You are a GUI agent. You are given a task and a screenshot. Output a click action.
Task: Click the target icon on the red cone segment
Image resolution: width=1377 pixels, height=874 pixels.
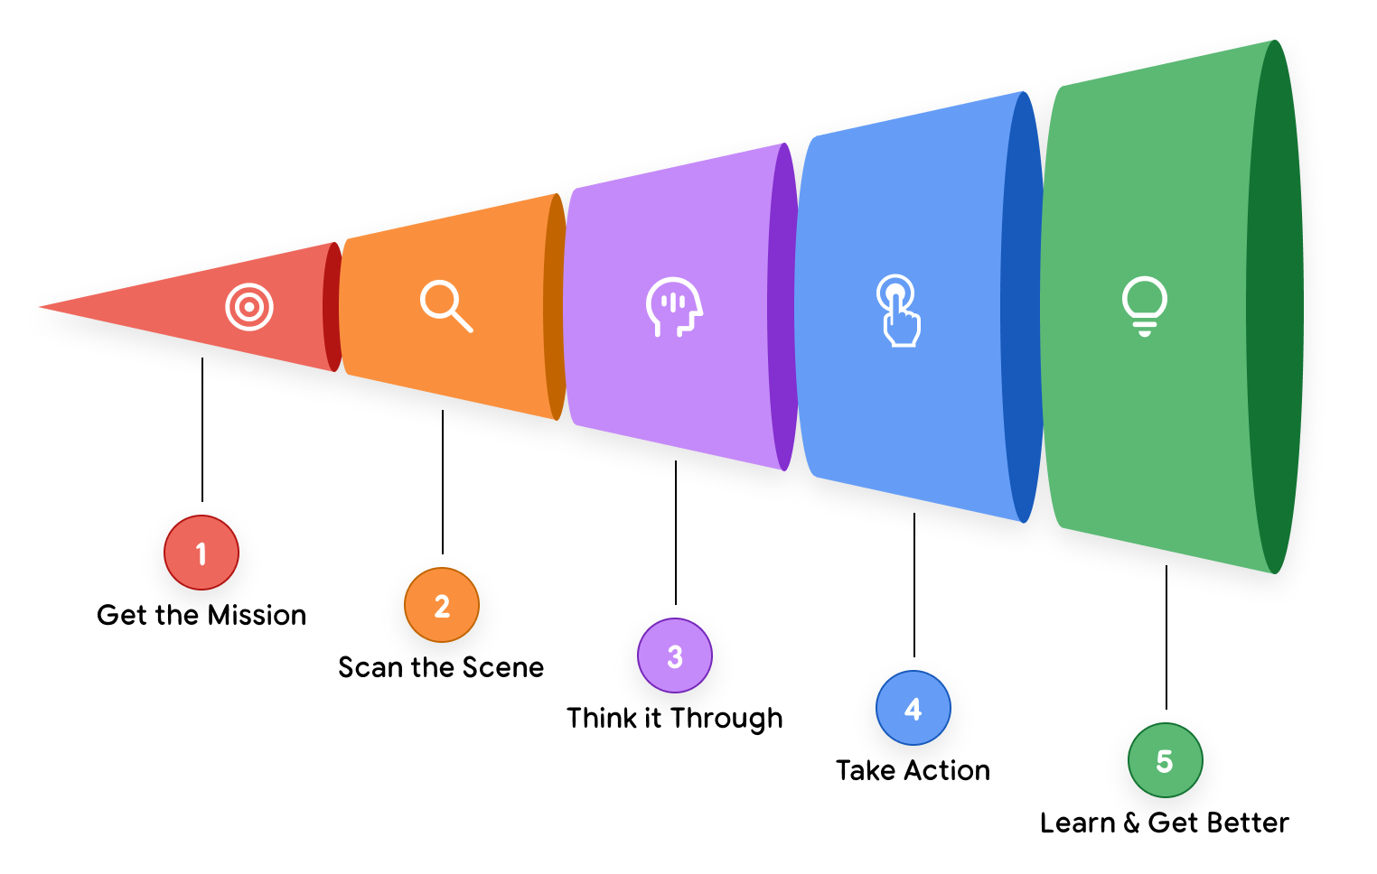pos(249,307)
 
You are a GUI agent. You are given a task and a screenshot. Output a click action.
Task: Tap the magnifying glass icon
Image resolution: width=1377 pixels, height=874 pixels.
pos(445,306)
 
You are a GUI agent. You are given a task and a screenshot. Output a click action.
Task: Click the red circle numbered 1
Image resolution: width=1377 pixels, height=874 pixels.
pos(201,553)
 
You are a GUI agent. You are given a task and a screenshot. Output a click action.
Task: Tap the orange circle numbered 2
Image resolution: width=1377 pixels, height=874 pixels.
pos(442,605)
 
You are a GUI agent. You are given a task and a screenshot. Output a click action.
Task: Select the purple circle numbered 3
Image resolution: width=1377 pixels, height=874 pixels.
pos(675,655)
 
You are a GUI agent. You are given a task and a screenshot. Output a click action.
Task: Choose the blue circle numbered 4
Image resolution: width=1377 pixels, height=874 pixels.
pos(913,708)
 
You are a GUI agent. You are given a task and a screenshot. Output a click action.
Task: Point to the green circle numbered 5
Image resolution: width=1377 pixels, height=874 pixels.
pos(1166,760)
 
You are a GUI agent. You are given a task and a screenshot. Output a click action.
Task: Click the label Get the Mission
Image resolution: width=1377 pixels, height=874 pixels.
pos(201,616)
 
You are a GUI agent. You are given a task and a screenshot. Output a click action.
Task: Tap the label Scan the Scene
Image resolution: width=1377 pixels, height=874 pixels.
pos(441,668)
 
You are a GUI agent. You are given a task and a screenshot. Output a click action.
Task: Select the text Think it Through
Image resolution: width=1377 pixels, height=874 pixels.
pos(674,719)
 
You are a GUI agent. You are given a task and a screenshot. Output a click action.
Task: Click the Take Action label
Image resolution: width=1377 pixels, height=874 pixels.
pos(913,771)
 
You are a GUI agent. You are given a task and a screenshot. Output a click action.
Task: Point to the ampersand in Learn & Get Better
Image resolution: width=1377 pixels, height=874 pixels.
pos(1131,823)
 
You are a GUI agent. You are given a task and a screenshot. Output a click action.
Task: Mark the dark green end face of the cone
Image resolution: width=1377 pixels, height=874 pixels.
pos(1275,307)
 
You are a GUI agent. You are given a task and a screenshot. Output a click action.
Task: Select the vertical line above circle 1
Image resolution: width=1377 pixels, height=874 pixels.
pos(202,430)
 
